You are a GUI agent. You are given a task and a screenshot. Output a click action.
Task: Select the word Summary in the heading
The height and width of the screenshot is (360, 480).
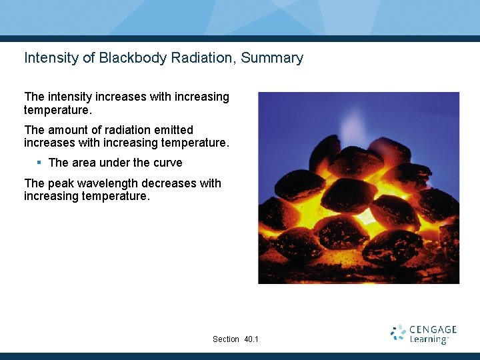(x=272, y=58)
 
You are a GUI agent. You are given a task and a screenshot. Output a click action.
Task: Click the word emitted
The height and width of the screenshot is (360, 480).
(x=171, y=130)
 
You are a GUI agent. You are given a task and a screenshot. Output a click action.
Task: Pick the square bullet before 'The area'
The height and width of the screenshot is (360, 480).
(x=39, y=162)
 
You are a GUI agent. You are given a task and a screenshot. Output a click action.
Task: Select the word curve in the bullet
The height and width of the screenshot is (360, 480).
(x=167, y=163)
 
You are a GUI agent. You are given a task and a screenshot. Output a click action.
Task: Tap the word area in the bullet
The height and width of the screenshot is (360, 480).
(x=83, y=163)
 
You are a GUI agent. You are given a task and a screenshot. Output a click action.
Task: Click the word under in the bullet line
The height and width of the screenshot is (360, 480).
(x=116, y=163)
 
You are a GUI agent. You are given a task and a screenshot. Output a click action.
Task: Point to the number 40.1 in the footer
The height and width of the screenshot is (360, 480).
(x=251, y=339)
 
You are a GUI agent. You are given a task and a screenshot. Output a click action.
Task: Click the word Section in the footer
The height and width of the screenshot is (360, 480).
(x=225, y=339)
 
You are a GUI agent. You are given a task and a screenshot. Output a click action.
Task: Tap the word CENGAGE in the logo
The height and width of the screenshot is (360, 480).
(x=433, y=329)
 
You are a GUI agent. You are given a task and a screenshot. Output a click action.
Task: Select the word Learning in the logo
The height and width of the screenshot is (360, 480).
(x=428, y=339)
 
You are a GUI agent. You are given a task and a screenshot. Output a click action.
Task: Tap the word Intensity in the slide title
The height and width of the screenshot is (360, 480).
(x=49, y=58)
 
